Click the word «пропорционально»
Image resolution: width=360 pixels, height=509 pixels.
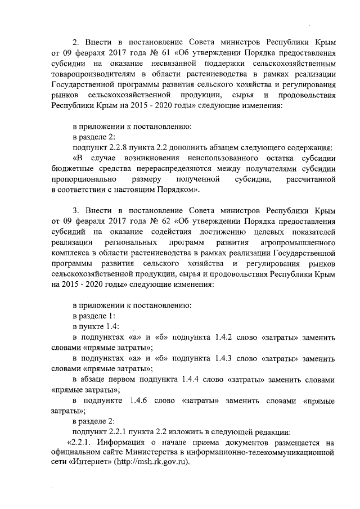84,179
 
